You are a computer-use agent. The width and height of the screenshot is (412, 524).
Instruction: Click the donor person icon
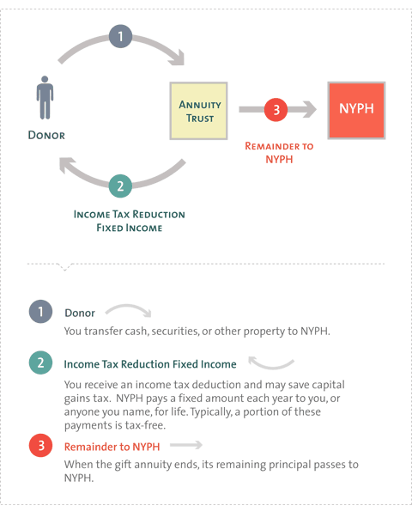click(45, 97)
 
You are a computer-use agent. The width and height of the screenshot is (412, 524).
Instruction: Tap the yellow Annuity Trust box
click(198, 111)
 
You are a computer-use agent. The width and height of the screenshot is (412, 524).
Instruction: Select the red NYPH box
click(356, 110)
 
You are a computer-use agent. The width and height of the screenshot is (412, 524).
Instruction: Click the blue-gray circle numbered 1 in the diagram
click(120, 36)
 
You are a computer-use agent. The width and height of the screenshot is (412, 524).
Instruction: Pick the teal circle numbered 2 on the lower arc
click(120, 186)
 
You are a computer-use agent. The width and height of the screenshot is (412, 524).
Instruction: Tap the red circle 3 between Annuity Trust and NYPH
click(276, 110)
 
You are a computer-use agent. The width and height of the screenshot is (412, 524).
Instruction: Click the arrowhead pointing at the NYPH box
click(310, 109)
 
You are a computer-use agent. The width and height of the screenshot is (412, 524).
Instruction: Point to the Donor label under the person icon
click(46, 136)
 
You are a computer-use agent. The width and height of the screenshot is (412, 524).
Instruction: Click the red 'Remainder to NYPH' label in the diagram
click(279, 152)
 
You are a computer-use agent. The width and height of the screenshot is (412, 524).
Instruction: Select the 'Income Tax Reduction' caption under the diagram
click(130, 214)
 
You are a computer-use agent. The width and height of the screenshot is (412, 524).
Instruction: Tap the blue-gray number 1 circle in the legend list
click(40, 312)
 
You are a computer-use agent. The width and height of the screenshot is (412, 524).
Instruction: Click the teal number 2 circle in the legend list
click(40, 363)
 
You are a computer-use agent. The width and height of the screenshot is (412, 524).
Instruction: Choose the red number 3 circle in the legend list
click(40, 445)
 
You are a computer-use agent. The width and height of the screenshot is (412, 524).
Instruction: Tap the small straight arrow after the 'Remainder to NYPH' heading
click(186, 445)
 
